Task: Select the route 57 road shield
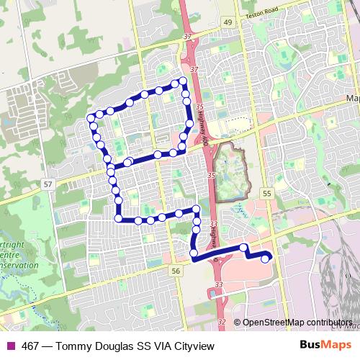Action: (48, 184)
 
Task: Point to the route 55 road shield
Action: (268, 194)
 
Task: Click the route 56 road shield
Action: (176, 270)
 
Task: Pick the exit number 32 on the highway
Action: (221, 322)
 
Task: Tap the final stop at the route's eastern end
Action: (266, 258)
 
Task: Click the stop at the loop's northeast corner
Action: (183, 81)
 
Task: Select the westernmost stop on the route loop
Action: (90, 117)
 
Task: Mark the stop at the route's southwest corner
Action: (117, 218)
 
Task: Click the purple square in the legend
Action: (9, 346)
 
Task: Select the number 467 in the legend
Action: (30, 346)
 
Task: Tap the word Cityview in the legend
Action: (192, 346)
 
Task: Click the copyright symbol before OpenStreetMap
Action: (237, 323)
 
